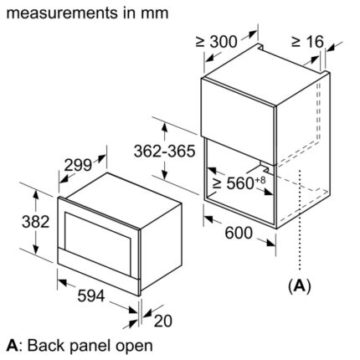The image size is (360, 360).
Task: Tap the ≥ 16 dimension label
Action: [311, 41]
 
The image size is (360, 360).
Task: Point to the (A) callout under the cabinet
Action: [299, 287]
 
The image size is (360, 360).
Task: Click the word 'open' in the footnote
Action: [132, 345]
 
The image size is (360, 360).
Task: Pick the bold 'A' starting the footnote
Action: [11, 345]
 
